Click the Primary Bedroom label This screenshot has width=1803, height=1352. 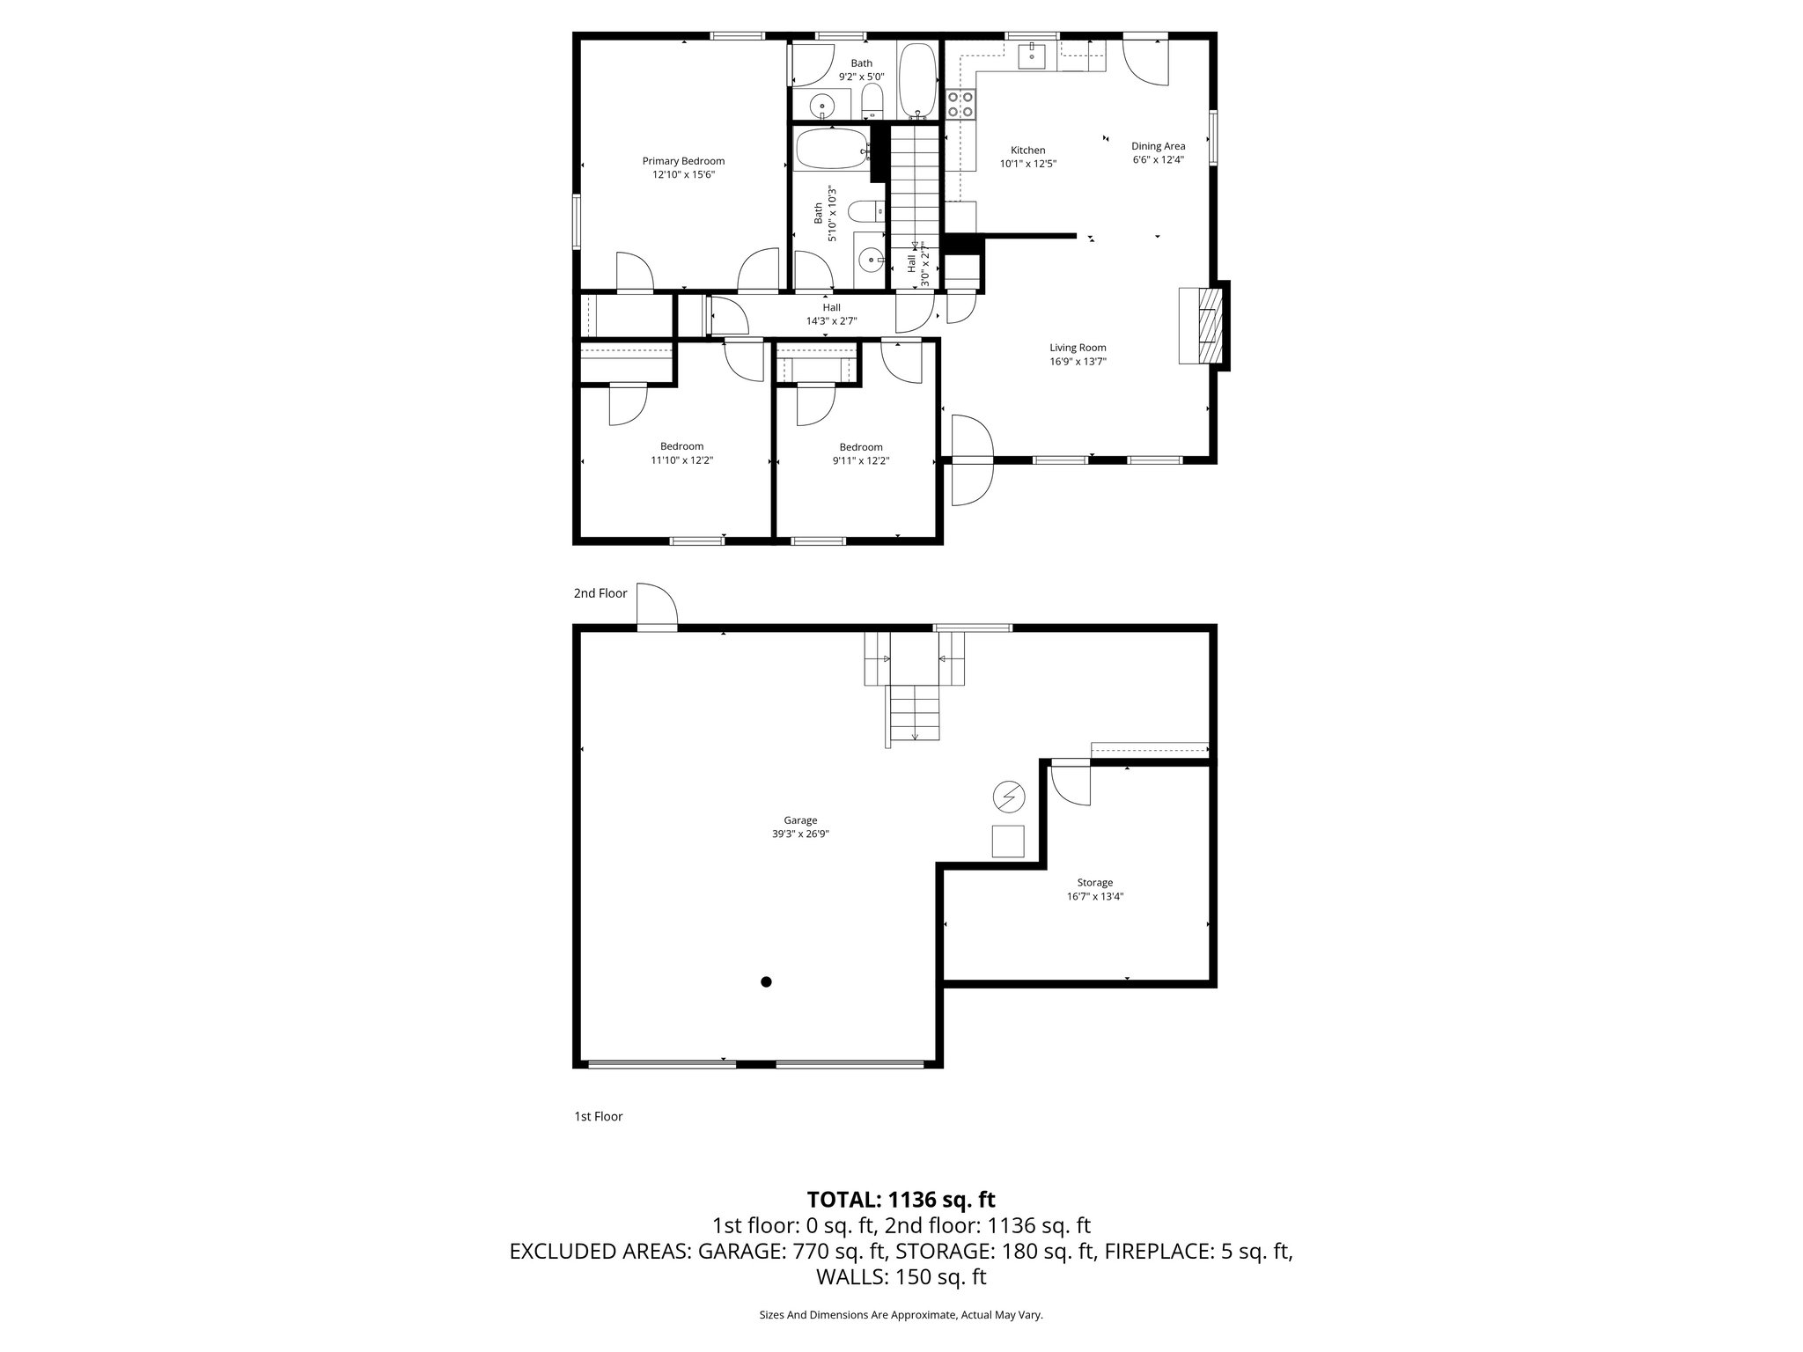683,161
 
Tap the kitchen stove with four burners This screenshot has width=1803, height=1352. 960,105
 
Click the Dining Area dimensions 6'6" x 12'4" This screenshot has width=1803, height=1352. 1158,160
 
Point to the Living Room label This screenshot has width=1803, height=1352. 1078,348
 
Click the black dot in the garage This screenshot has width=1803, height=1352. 766,981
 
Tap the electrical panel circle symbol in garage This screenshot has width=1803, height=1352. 1009,797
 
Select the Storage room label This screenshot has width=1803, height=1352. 1094,882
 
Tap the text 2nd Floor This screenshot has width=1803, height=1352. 600,593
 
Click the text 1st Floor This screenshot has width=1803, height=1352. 598,1116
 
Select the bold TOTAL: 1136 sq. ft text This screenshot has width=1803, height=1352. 901,1199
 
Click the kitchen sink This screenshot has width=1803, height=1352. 1031,55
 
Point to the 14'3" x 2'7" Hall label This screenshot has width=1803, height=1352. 831,321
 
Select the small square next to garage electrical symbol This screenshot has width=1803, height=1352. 1008,841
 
